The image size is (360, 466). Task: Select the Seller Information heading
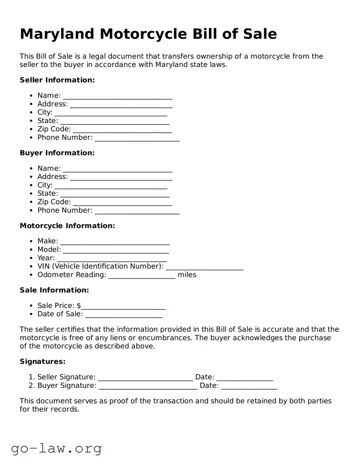(x=57, y=80)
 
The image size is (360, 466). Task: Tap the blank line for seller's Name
(x=117, y=96)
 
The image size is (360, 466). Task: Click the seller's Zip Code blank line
(x=122, y=130)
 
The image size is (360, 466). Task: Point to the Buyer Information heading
(x=57, y=153)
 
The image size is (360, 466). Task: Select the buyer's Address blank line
(x=121, y=177)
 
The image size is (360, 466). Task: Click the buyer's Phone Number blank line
(x=137, y=211)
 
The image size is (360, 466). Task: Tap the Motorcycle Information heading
(x=67, y=226)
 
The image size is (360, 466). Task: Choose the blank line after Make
(x=115, y=242)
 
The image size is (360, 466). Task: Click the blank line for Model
(x=116, y=250)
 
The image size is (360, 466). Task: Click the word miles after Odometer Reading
(x=187, y=275)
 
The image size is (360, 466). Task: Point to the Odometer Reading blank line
(x=142, y=276)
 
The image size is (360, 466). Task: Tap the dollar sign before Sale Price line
(x=79, y=306)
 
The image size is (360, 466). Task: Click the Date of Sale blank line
(x=123, y=315)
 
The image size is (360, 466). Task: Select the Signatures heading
(x=43, y=362)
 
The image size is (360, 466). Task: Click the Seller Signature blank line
(x=145, y=378)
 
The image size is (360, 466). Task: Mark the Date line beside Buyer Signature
(x=249, y=386)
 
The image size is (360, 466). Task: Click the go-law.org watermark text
(x=56, y=449)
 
